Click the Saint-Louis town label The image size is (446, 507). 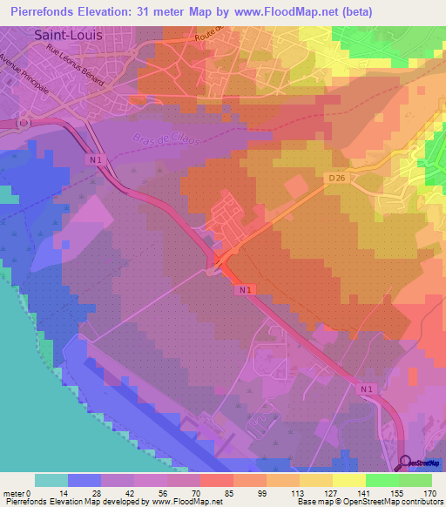tap(67, 36)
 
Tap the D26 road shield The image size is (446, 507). tap(338, 178)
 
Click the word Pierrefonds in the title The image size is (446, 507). tap(38, 12)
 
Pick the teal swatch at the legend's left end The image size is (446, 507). tap(51, 480)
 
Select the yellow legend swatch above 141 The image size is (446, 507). tap(348, 480)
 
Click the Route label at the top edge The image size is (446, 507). tap(209, 37)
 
